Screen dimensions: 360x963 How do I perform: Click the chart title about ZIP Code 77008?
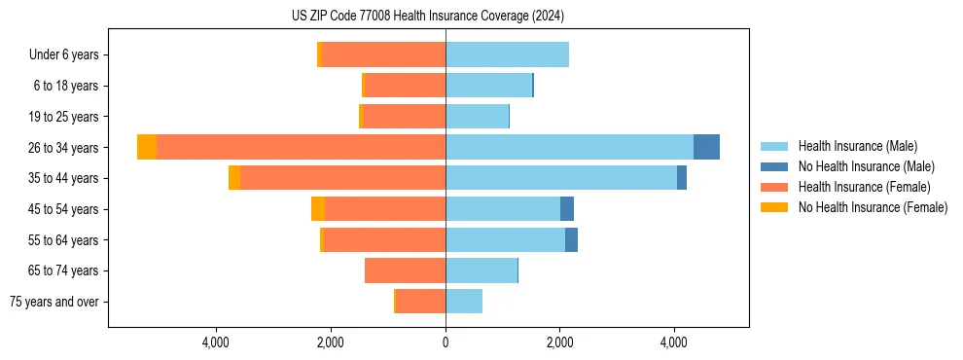coord(427,16)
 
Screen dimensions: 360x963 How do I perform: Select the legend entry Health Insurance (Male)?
coord(857,146)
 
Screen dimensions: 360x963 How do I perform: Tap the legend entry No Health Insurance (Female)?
coord(872,207)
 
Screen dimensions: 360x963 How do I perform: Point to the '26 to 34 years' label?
coord(64,148)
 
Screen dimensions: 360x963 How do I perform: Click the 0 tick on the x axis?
coord(446,342)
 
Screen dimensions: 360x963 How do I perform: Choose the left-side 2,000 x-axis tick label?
coord(331,342)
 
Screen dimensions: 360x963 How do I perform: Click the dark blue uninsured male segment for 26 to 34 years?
coord(706,147)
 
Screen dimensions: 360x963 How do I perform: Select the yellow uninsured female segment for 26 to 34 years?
coord(147,147)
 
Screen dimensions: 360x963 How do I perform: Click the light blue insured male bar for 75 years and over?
coord(464,302)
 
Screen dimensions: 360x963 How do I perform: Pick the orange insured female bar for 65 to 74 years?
coord(405,270)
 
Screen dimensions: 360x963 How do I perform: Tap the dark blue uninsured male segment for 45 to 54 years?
coord(567,209)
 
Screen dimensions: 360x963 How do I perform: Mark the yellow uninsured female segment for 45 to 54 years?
coord(318,209)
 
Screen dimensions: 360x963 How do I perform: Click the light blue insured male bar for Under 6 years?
coord(507,55)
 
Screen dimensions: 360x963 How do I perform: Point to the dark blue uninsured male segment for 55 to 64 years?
coord(571,240)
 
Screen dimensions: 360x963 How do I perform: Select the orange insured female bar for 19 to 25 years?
coord(404,117)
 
